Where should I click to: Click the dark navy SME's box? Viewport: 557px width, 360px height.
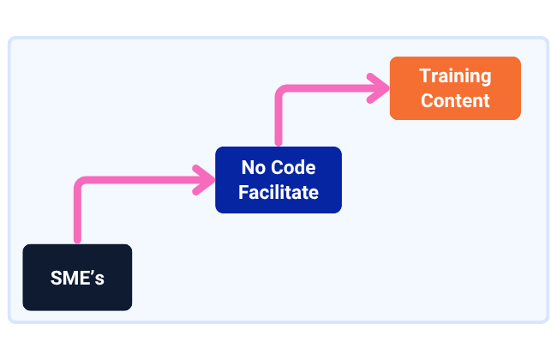pyautogui.click(x=77, y=277)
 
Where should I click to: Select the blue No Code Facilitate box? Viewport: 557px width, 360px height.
pyautogui.click(x=278, y=180)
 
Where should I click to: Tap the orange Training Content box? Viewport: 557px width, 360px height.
pyautogui.click(x=455, y=88)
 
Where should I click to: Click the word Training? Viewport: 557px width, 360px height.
pyautogui.click(x=455, y=76)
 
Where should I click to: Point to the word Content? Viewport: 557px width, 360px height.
pyautogui.click(x=455, y=100)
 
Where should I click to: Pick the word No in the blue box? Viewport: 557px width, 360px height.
pyautogui.click(x=254, y=167)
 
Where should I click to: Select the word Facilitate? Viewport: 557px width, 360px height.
pyautogui.click(x=278, y=192)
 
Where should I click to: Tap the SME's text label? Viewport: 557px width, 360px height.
pyautogui.click(x=77, y=278)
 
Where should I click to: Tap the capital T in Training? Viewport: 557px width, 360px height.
pyautogui.click(x=425, y=75)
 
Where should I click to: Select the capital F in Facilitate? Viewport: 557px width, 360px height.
pyautogui.click(x=243, y=192)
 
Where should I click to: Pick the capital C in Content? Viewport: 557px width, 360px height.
pyautogui.click(x=428, y=100)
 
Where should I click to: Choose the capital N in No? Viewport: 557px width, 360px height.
pyautogui.click(x=248, y=167)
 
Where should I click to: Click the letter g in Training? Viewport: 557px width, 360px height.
pyautogui.click(x=486, y=79)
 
